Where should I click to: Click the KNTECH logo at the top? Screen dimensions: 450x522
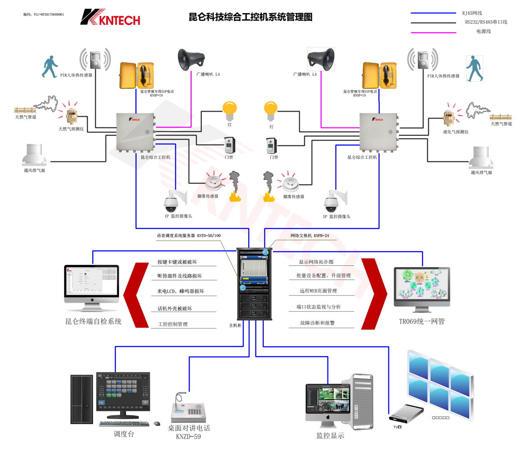point(110,17)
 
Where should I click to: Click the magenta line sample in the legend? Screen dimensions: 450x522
point(433,32)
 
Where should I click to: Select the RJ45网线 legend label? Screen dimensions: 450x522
point(472,13)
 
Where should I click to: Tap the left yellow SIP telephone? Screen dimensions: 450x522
point(136,75)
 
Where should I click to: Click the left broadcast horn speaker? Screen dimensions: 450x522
point(191,59)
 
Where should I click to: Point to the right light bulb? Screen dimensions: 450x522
point(271,111)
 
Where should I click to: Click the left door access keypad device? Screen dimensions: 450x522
point(229,146)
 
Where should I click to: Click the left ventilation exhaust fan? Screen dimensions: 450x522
point(34,155)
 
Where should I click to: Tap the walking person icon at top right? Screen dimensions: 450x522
point(474,68)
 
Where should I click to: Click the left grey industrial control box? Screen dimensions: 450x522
point(135,132)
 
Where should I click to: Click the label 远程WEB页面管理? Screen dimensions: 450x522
point(318,291)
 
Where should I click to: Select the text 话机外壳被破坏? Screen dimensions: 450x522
point(175,309)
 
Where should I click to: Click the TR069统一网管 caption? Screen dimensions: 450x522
point(422,321)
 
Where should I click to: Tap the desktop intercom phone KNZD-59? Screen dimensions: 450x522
point(188,409)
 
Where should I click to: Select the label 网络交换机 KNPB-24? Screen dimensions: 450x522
point(310,236)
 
